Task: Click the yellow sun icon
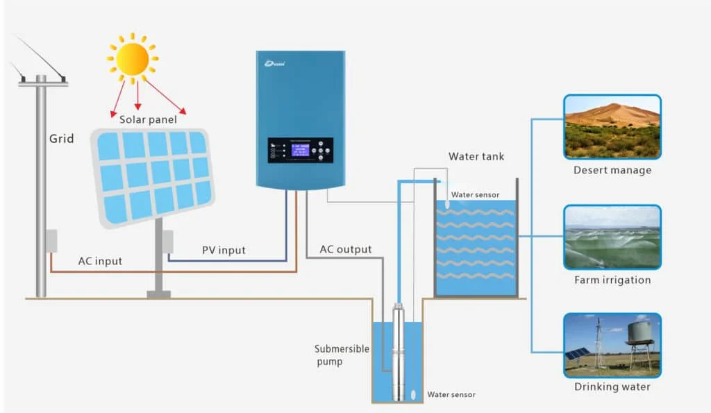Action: [x=132, y=59]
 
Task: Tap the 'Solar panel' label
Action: [x=148, y=119]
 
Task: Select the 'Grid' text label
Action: [x=61, y=138]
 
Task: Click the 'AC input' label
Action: [x=100, y=261]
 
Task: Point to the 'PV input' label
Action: [x=224, y=250]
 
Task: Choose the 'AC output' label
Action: [x=345, y=249]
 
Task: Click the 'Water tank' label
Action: [x=476, y=156]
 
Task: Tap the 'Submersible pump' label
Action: [x=342, y=355]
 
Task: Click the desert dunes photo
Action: [x=612, y=126]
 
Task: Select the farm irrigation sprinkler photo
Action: [x=612, y=237]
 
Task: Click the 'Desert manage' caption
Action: [x=612, y=170]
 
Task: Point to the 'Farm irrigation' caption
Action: [x=612, y=280]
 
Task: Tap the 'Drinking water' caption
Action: [x=612, y=387]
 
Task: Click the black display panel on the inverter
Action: [x=300, y=150]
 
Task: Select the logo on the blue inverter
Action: [x=275, y=64]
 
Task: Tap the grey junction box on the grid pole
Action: [x=51, y=241]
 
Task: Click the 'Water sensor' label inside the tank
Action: [x=475, y=195]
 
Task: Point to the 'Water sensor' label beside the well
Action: [x=451, y=394]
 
